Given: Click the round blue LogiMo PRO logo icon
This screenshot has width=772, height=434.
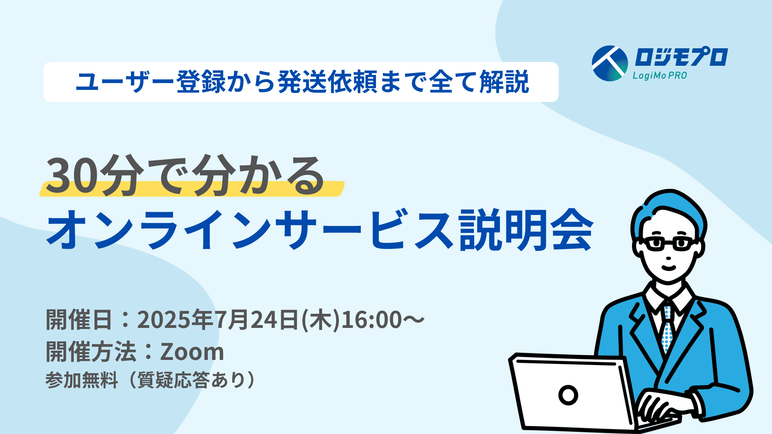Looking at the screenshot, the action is tap(610, 63).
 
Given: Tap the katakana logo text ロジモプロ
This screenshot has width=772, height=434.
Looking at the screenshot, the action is tap(681, 57).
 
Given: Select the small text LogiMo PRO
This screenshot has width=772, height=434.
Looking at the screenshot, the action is tap(660, 75).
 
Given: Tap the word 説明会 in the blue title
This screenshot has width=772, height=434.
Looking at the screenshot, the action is tap(526, 229).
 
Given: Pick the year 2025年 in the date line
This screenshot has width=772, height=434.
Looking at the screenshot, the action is tap(175, 319).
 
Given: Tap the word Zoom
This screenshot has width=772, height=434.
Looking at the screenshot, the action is tap(192, 352).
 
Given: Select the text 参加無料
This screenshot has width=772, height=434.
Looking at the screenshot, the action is tap(81, 380).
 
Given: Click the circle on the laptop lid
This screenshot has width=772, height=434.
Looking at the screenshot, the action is tap(568, 395).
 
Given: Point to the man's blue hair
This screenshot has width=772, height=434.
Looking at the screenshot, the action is tap(669, 210).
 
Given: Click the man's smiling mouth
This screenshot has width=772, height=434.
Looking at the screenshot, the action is tap(669, 267).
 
